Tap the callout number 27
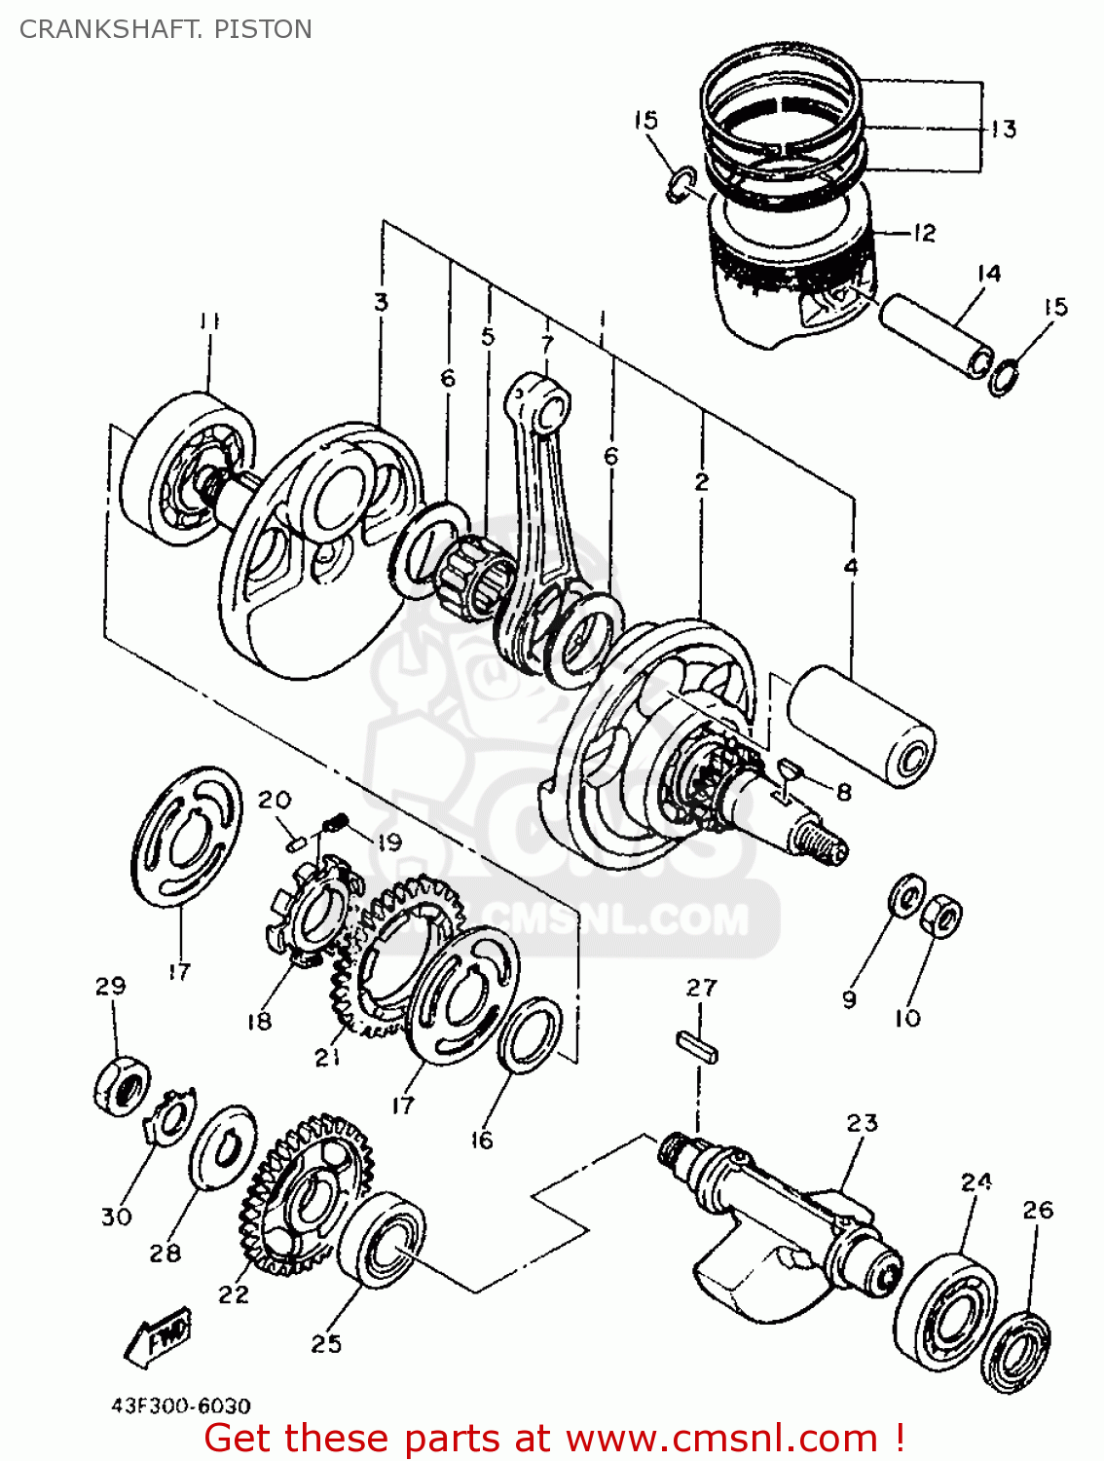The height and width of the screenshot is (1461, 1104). pos(701,988)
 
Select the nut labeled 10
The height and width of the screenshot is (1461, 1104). pos(940,915)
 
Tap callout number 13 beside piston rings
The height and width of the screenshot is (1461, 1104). pos(1003,129)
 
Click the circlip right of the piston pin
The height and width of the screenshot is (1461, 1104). pos(1003,376)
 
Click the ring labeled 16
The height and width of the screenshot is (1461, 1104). pos(530,1034)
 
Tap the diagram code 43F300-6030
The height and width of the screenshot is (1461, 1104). pos(180,1406)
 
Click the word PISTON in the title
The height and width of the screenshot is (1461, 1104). pos(263,29)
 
